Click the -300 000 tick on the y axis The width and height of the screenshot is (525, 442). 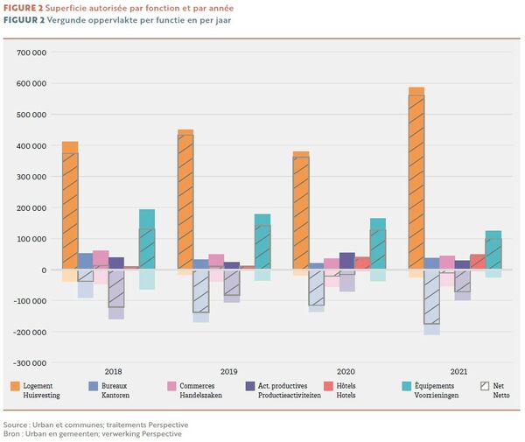[30, 362]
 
